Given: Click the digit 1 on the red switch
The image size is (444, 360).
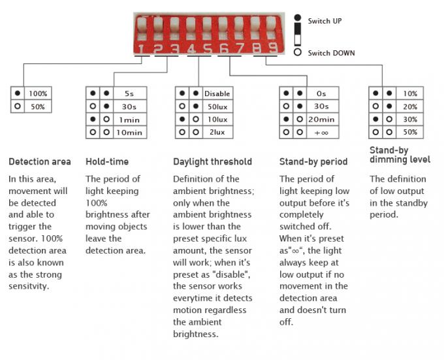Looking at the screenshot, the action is (141, 49).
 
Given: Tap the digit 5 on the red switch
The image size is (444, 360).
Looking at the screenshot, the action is (208, 49).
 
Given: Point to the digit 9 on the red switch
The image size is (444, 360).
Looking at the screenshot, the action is (273, 48).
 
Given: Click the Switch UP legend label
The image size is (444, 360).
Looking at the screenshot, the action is (325, 21).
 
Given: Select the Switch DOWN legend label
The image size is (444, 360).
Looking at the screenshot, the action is (331, 53).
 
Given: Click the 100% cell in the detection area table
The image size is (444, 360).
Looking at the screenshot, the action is (38, 93).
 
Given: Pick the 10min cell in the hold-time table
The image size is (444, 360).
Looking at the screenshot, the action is (130, 132).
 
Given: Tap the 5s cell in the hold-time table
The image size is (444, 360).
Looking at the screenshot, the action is (130, 93).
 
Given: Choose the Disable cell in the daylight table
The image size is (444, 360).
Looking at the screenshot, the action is (217, 93).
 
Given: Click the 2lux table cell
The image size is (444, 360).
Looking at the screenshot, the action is (217, 132).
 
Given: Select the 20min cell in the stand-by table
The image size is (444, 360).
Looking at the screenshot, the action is (323, 120).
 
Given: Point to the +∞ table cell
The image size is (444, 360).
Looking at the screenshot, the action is (323, 132).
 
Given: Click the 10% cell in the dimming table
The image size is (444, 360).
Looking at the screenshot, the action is (410, 93).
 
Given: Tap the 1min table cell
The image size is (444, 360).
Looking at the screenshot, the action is (130, 120).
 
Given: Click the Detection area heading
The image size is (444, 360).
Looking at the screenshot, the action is (40, 162).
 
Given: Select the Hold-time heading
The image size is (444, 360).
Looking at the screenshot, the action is (107, 162).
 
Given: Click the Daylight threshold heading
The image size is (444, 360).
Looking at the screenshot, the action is (212, 162).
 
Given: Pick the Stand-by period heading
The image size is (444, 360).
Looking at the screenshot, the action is (313, 162).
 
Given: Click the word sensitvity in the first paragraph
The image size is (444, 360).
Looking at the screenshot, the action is (29, 286).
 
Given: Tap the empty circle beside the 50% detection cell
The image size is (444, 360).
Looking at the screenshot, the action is (18, 106).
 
